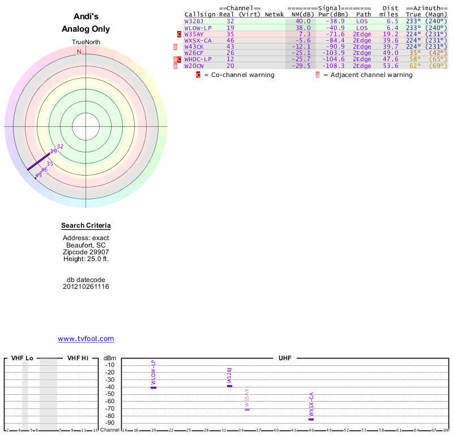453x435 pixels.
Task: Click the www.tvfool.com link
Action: pyautogui.click(x=86, y=339)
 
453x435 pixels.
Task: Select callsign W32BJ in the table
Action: pyautogui.click(x=194, y=21)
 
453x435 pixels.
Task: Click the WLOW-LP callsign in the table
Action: pyautogui.click(x=198, y=28)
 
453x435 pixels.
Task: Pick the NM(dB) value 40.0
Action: pyautogui.click(x=303, y=21)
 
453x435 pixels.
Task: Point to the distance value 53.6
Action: pyautogui.click(x=391, y=66)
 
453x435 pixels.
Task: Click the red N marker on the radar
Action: pyautogui.click(x=79, y=52)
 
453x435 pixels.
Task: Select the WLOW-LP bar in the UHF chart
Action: pyautogui.click(x=153, y=387)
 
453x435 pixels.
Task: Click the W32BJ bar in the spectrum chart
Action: pyautogui.click(x=229, y=386)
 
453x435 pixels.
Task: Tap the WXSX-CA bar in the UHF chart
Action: pyautogui.click(x=311, y=419)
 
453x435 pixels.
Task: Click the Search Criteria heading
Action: pyautogui.click(x=86, y=226)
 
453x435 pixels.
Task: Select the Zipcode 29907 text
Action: pyautogui.click(x=86, y=252)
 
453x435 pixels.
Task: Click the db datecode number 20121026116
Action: pyautogui.click(x=86, y=287)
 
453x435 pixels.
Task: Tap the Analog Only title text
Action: pyautogui.click(x=86, y=29)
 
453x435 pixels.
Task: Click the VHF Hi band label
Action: pyautogui.click(x=78, y=359)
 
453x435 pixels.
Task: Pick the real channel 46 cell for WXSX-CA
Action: pyautogui.click(x=230, y=40)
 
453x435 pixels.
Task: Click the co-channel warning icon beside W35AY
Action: pyautogui.click(x=179, y=34)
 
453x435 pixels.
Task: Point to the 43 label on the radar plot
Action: pyautogui.click(x=39, y=176)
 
